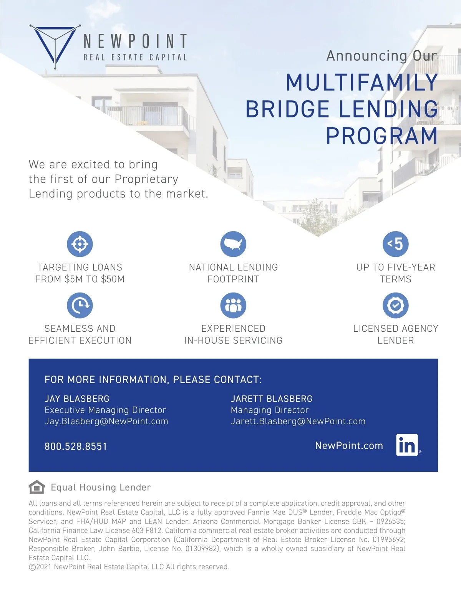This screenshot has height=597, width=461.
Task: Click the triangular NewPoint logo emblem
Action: coord(55,45)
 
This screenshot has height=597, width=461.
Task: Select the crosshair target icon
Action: coord(80,244)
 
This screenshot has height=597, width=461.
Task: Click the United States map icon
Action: coord(233,244)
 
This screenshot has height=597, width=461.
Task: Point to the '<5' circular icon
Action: coord(395,244)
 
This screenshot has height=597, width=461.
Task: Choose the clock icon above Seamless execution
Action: coord(80,305)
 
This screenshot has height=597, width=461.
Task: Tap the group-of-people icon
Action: coord(233,305)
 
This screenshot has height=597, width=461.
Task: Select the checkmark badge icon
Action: coord(395,305)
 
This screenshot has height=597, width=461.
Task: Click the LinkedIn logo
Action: coord(407,445)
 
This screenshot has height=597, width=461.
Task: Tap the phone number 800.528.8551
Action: coord(76,447)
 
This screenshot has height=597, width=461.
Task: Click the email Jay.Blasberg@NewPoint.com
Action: coord(106,421)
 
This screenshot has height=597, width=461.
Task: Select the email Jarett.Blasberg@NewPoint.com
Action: coord(298,421)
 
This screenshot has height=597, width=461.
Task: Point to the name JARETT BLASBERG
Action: coord(272,399)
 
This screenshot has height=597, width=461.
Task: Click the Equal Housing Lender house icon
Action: coord(36,487)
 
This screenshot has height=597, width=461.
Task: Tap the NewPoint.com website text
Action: coord(349,445)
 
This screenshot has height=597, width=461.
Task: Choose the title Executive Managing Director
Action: coord(105,410)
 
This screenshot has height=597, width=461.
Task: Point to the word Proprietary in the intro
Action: coord(146,179)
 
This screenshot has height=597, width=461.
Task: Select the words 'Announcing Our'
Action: coord(382,56)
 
